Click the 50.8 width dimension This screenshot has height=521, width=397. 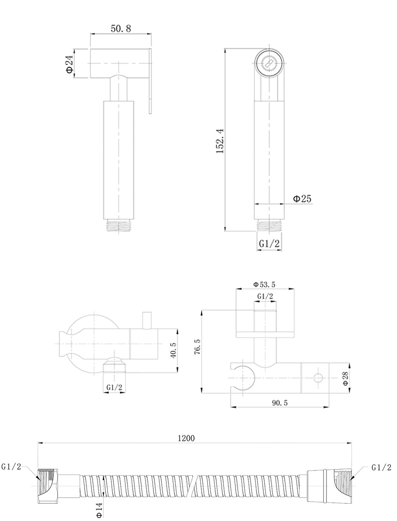click(x=121, y=29)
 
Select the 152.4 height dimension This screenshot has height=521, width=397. click(x=220, y=141)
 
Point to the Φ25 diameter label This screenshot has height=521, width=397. click(x=302, y=198)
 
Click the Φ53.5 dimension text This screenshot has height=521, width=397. click(x=264, y=284)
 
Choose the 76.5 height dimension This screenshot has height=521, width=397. click(x=197, y=347)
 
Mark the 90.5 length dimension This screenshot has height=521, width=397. click(x=279, y=403)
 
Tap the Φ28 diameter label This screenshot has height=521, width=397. click(x=345, y=379)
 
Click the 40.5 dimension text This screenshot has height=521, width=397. click(x=173, y=350)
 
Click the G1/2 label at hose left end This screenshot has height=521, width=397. click(x=11, y=467)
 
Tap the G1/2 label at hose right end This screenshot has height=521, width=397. click(x=381, y=468)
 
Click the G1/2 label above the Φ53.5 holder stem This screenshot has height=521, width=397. click(x=265, y=296)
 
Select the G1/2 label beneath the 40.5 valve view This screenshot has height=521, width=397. click(x=114, y=387)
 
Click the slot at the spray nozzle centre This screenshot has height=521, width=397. click(x=269, y=63)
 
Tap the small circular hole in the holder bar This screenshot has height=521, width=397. click(x=318, y=378)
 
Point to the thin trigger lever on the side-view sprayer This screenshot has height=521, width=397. click(x=150, y=81)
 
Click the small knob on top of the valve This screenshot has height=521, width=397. click(x=147, y=321)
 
